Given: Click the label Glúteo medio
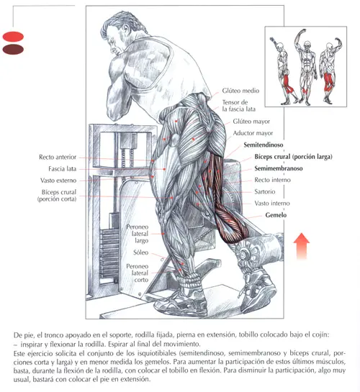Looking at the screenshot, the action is point(240,91).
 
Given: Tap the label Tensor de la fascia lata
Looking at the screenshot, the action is point(238,106).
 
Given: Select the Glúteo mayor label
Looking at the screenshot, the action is point(251,122).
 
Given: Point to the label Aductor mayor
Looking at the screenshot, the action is point(253,133).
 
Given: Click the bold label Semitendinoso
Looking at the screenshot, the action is point(264,145).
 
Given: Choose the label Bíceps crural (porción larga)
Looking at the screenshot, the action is point(294,157).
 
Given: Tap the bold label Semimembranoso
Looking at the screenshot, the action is point(279,168).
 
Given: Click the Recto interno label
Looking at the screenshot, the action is point(272,180).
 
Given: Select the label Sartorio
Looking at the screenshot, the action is point(265,192).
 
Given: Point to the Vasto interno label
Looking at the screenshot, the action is point(272,204).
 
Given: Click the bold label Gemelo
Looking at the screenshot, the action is point(276,215).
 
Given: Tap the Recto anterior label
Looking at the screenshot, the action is point(58,158).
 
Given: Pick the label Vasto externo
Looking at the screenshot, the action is point(58,181).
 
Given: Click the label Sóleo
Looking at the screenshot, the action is point(141,252).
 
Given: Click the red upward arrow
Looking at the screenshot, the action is point(302,247).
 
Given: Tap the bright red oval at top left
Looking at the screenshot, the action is point(13,37).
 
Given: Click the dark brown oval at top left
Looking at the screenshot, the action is point(13,49).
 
